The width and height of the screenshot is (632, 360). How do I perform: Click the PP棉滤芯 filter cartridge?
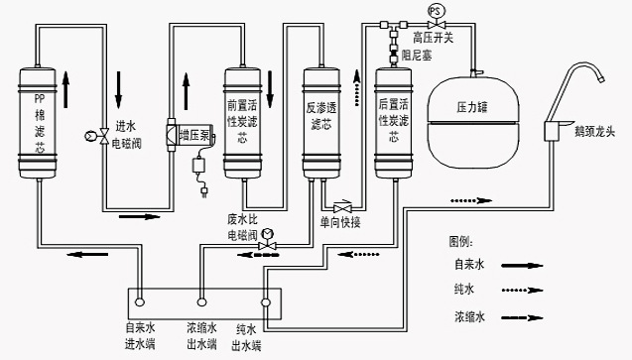pos(38,123)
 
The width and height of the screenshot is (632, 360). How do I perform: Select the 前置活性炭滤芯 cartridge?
pos(243,123)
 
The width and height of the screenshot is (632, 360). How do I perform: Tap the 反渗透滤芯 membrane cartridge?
pos(321,123)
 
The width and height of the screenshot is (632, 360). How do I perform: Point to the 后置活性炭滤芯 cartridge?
pos(393,123)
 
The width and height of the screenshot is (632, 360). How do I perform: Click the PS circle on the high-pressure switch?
pos(436,11)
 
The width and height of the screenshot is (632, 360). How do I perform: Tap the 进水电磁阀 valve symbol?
pos(103,136)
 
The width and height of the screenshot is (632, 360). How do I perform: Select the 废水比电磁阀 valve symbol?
pos(267,245)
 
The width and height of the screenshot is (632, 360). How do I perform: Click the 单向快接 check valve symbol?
pos(342,208)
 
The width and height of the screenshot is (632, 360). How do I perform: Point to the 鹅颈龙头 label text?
pos(594,131)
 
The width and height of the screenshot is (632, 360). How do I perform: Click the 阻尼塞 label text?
pos(417,56)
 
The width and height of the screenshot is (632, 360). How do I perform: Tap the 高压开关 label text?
pos(433,38)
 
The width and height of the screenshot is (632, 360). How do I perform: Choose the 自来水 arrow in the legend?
pos(522,266)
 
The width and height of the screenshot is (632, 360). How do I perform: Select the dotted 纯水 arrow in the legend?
pos(522,290)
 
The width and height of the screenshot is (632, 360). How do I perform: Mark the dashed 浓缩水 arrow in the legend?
pos(522,317)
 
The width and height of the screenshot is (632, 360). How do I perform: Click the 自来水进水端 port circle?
pos(139,302)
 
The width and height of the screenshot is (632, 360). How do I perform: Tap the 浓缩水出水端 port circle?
pos(201,302)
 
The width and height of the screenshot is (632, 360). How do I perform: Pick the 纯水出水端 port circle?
pos(265,302)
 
